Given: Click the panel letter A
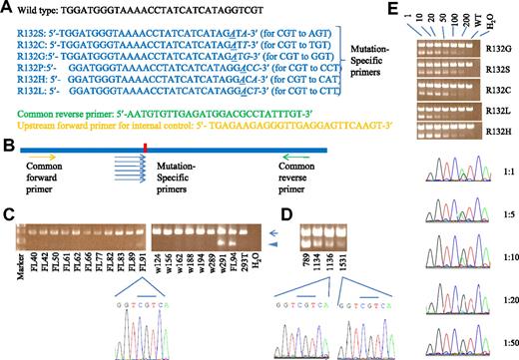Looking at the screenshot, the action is [7, 7].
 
